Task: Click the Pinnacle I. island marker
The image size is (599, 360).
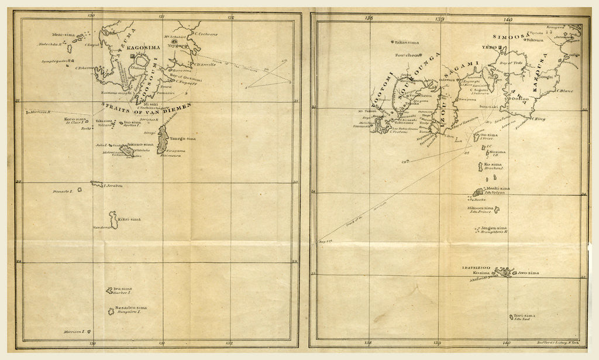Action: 92,183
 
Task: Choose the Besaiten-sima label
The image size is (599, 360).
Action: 131,307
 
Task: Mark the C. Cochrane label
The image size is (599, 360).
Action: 206,34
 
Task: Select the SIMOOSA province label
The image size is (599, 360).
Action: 508,36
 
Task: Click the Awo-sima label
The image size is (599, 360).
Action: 528,273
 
